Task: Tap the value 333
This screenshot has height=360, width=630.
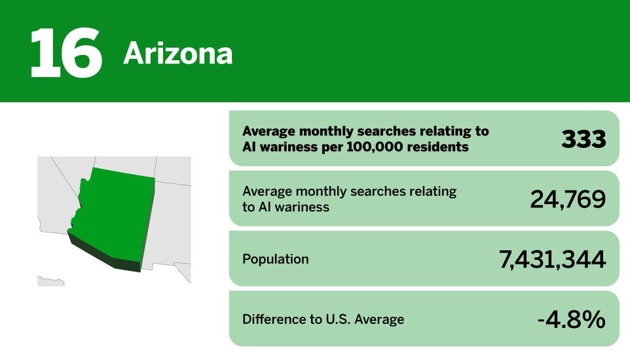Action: coord(583,139)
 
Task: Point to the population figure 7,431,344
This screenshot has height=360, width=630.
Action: coord(552,259)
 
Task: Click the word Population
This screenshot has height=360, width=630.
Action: coord(275,259)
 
